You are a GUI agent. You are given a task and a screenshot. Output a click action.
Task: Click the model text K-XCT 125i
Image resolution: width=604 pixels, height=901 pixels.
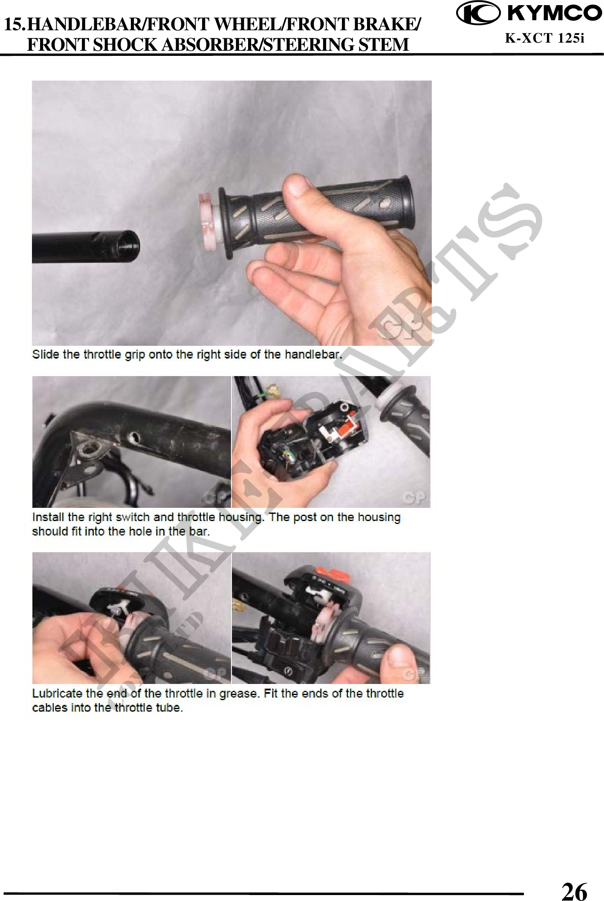544,38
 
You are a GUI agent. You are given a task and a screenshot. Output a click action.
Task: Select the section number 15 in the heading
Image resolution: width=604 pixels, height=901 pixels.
14,25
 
